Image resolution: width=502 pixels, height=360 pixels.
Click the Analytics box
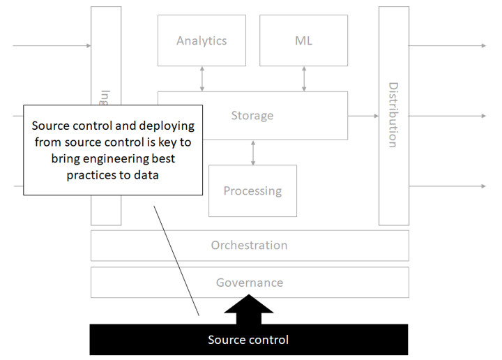point(201,40)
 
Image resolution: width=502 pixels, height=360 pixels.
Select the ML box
point(303,40)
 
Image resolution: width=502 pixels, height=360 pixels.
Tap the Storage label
point(252,116)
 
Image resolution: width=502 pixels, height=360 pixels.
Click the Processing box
point(252,190)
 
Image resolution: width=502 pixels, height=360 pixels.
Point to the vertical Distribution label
point(393,115)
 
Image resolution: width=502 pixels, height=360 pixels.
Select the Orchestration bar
point(250,246)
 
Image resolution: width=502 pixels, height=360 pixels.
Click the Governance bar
point(250,283)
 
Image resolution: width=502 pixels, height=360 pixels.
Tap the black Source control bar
point(248,340)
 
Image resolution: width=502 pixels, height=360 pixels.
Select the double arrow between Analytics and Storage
point(202,79)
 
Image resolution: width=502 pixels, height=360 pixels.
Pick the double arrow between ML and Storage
point(304,79)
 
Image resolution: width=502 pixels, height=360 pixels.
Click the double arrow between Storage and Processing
point(253,152)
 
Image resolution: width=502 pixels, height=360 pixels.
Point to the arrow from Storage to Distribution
point(363,116)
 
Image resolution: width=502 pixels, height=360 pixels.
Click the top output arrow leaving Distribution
point(446,46)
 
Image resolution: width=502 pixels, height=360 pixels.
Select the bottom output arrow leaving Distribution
point(446,186)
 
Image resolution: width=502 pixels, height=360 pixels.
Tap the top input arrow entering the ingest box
point(52,46)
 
